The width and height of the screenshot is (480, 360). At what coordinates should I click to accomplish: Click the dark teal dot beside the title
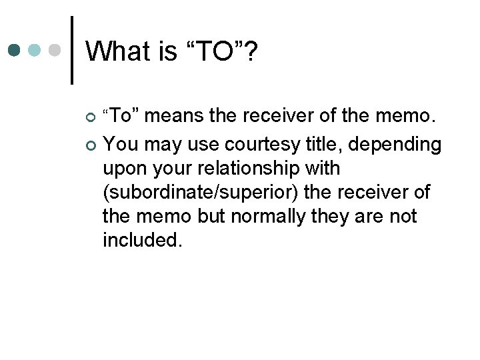[15, 49]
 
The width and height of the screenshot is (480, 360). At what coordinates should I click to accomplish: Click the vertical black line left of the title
[71, 49]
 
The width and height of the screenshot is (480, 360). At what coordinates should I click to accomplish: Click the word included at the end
[141, 239]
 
